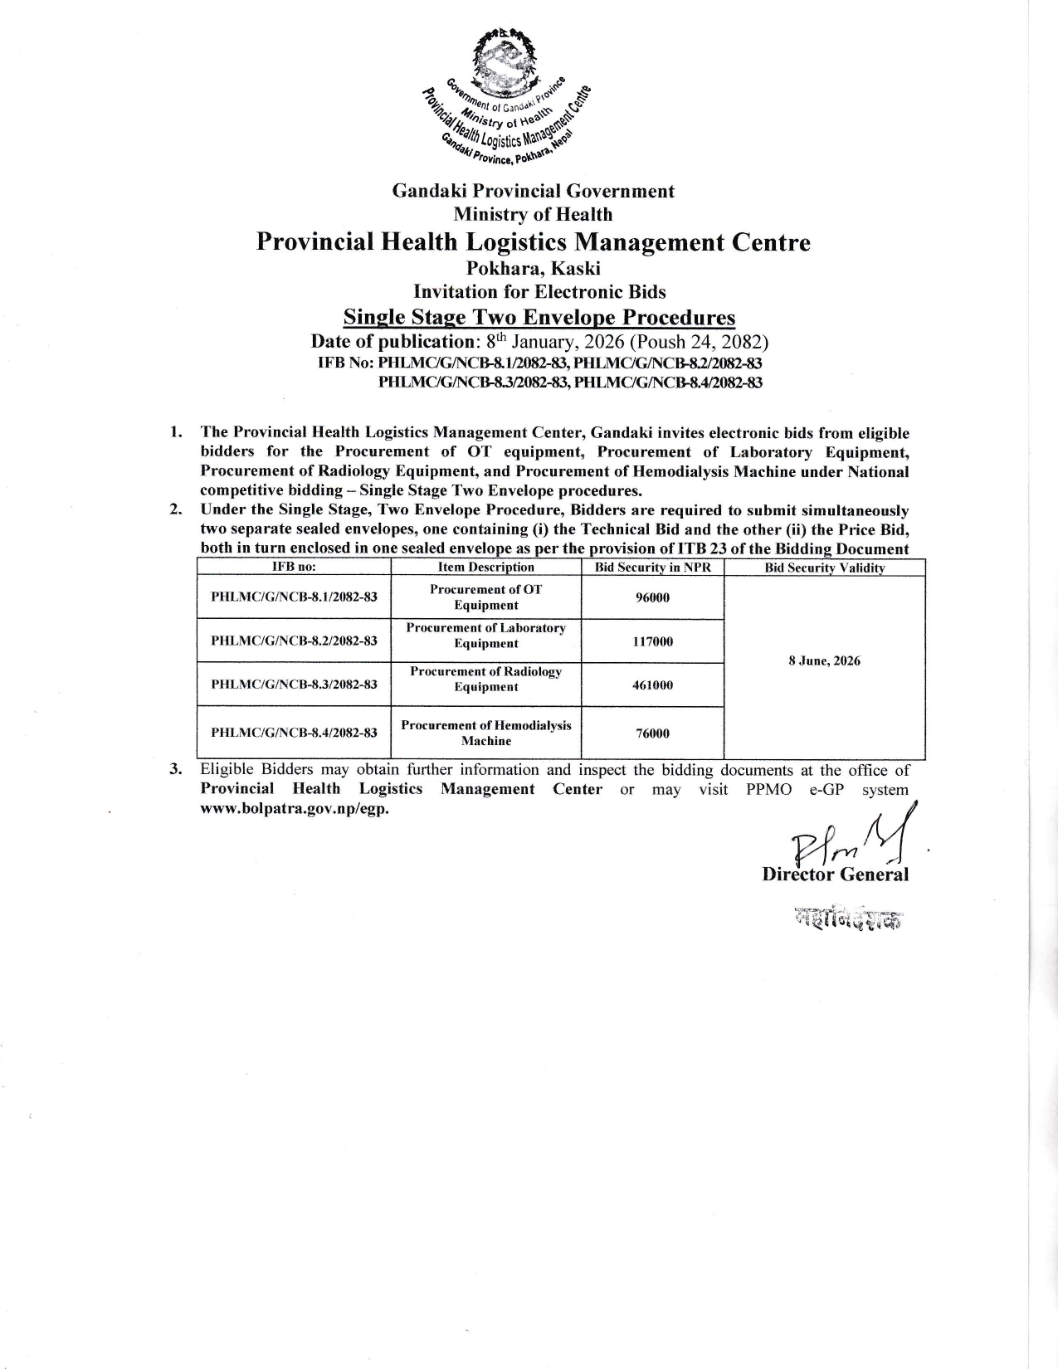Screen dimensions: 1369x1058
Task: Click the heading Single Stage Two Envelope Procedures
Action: (539, 318)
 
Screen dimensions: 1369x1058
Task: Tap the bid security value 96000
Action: (652, 597)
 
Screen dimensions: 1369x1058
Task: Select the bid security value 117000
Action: (652, 641)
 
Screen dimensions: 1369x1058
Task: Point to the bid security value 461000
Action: (652, 684)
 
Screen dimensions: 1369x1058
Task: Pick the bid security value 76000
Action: (652, 733)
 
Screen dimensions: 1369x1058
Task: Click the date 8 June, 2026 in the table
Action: (824, 661)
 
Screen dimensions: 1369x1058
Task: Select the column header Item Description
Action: (486, 568)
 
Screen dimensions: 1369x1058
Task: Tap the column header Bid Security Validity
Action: (824, 568)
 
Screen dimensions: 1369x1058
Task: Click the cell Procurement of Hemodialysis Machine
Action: (486, 733)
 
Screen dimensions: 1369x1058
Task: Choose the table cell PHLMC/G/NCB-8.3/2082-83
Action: (295, 684)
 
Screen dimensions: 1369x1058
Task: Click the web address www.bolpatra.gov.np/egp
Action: (295, 809)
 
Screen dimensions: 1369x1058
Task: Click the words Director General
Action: (835, 875)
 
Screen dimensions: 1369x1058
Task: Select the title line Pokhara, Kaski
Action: (533, 268)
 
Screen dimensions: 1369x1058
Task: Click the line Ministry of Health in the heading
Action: (533, 215)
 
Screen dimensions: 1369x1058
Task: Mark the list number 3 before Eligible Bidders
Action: (175, 770)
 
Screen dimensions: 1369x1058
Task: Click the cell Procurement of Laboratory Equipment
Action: (486, 636)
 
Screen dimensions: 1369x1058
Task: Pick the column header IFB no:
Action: (295, 568)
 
